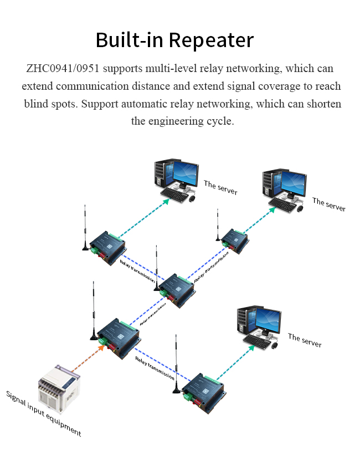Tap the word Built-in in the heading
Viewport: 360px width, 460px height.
pyautogui.click(x=130, y=40)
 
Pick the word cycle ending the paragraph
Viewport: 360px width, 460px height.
pyautogui.click(x=219, y=121)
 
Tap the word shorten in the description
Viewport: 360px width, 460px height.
pyautogui.click(x=322, y=104)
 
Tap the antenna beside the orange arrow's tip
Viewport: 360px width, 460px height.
pyautogui.click(x=94, y=310)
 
